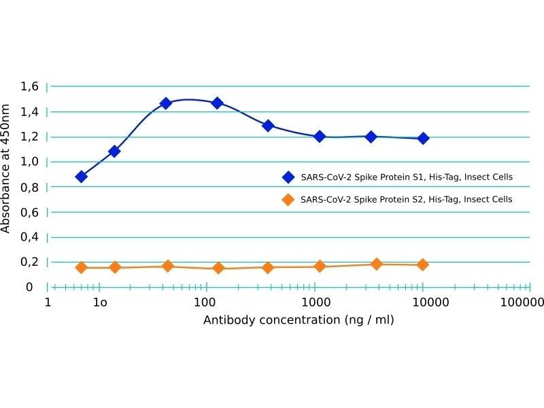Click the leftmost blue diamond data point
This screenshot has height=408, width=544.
[82, 177]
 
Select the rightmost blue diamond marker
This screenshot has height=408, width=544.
[423, 138]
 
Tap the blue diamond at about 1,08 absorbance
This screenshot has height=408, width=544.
[114, 151]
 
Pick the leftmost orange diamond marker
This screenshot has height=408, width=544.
[82, 267]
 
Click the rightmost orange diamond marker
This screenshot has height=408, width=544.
[423, 265]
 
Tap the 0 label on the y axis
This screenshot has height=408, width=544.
[29, 287]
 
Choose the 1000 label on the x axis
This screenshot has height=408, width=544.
[314, 301]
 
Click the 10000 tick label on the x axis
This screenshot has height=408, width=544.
[423, 301]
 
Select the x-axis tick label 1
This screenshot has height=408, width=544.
[48, 301]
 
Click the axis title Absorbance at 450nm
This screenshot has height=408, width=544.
[6, 169]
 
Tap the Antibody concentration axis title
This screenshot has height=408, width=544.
[299, 320]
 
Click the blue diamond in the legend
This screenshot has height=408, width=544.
[288, 177]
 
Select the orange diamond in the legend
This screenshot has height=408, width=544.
[288, 200]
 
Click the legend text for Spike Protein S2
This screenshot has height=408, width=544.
[406, 200]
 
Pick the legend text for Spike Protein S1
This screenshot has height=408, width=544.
[406, 177]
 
